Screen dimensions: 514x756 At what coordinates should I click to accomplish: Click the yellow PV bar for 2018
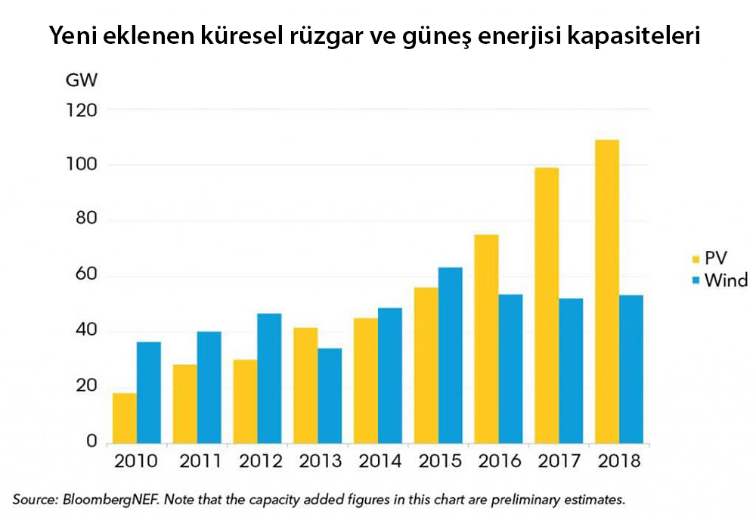(x=607, y=291)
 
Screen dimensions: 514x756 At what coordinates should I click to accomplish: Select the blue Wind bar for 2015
(x=450, y=355)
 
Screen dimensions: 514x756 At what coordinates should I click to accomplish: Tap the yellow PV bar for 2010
(x=125, y=417)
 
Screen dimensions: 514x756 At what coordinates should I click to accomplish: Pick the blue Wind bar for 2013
(x=329, y=395)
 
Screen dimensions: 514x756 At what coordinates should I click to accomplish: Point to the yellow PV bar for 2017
(x=547, y=305)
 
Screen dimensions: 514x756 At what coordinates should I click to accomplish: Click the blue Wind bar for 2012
(x=268, y=378)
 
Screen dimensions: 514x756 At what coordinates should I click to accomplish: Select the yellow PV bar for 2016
(x=486, y=339)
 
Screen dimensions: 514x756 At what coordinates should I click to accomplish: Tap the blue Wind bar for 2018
(x=631, y=369)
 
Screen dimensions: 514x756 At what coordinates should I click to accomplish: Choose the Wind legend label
(x=725, y=280)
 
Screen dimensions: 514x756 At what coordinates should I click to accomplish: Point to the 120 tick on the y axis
(x=82, y=110)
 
